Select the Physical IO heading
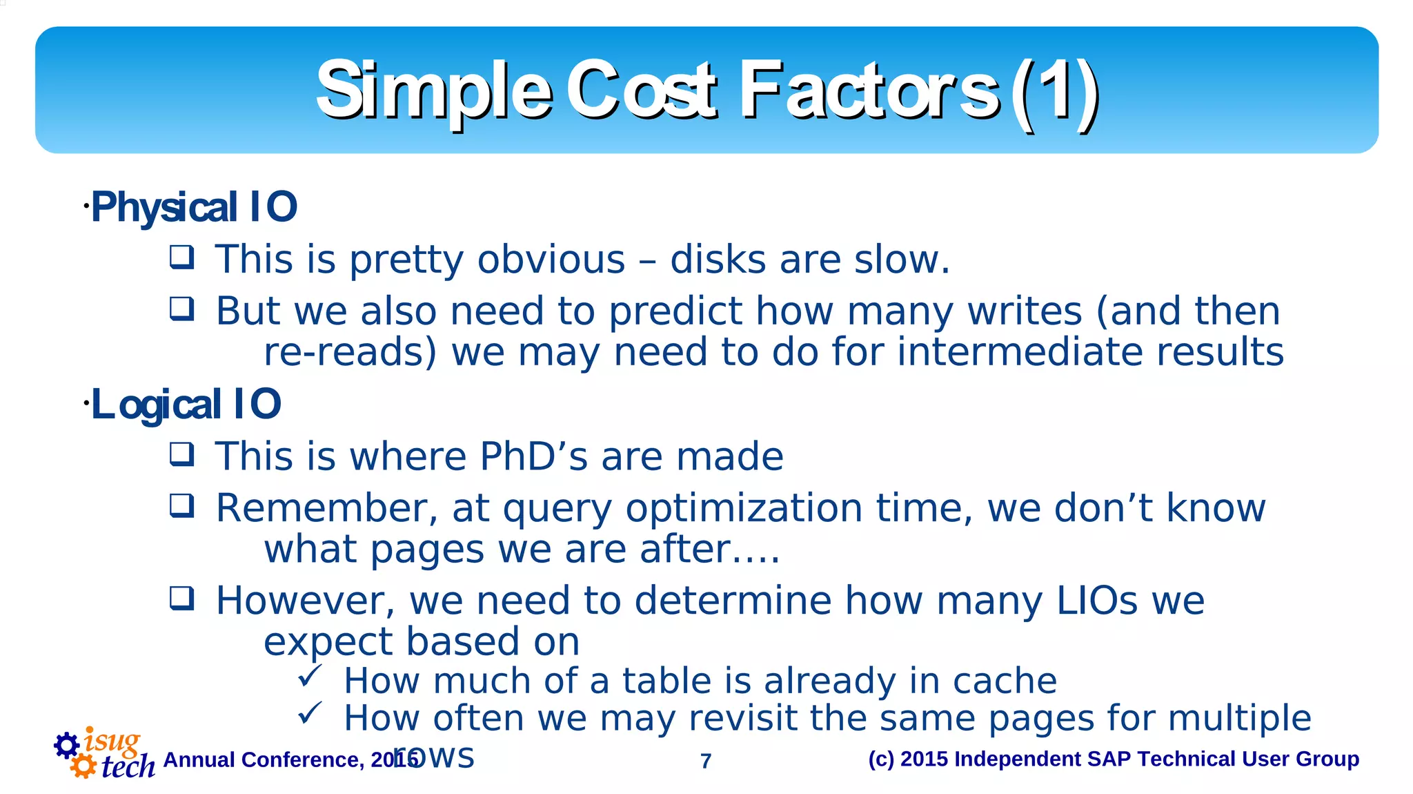point(194,207)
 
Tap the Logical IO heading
point(186,405)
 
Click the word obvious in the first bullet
point(551,260)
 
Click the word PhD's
point(533,457)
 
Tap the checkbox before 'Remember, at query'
point(182,505)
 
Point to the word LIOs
point(1097,601)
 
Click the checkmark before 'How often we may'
point(310,713)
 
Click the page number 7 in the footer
point(705,761)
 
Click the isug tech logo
point(103,755)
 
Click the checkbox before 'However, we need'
point(182,598)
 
